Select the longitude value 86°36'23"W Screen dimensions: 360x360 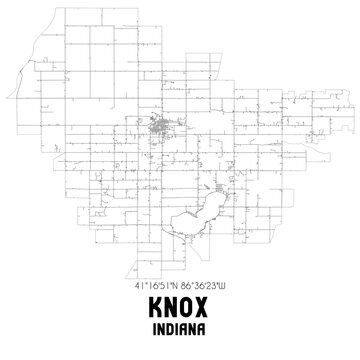point(207,286)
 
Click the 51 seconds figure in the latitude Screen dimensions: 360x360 point(162,286)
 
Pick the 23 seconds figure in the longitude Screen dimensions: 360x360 point(220,286)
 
